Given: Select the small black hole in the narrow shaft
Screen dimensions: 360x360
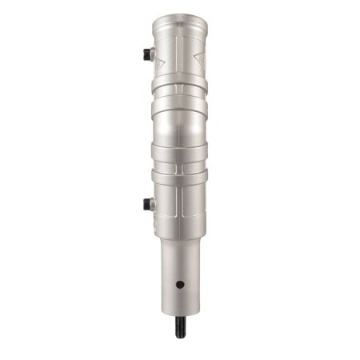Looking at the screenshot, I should [x=181, y=284].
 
